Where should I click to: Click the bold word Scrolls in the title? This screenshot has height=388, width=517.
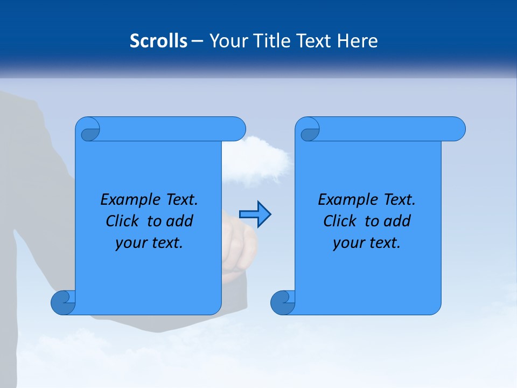[x=159, y=41]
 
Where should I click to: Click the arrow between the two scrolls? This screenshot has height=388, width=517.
[x=255, y=214]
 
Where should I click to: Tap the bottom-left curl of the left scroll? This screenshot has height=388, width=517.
[x=63, y=302]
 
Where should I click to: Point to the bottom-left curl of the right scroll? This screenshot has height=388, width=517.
[x=283, y=302]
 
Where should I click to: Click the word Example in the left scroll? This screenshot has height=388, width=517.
[x=129, y=200]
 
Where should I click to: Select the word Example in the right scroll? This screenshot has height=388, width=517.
[x=346, y=200]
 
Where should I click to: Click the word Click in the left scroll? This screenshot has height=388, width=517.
[x=122, y=221]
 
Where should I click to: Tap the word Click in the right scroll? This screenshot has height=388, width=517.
[x=339, y=221]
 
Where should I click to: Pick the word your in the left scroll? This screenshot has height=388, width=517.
[x=129, y=244]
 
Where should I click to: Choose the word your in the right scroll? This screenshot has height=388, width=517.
[x=347, y=244]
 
